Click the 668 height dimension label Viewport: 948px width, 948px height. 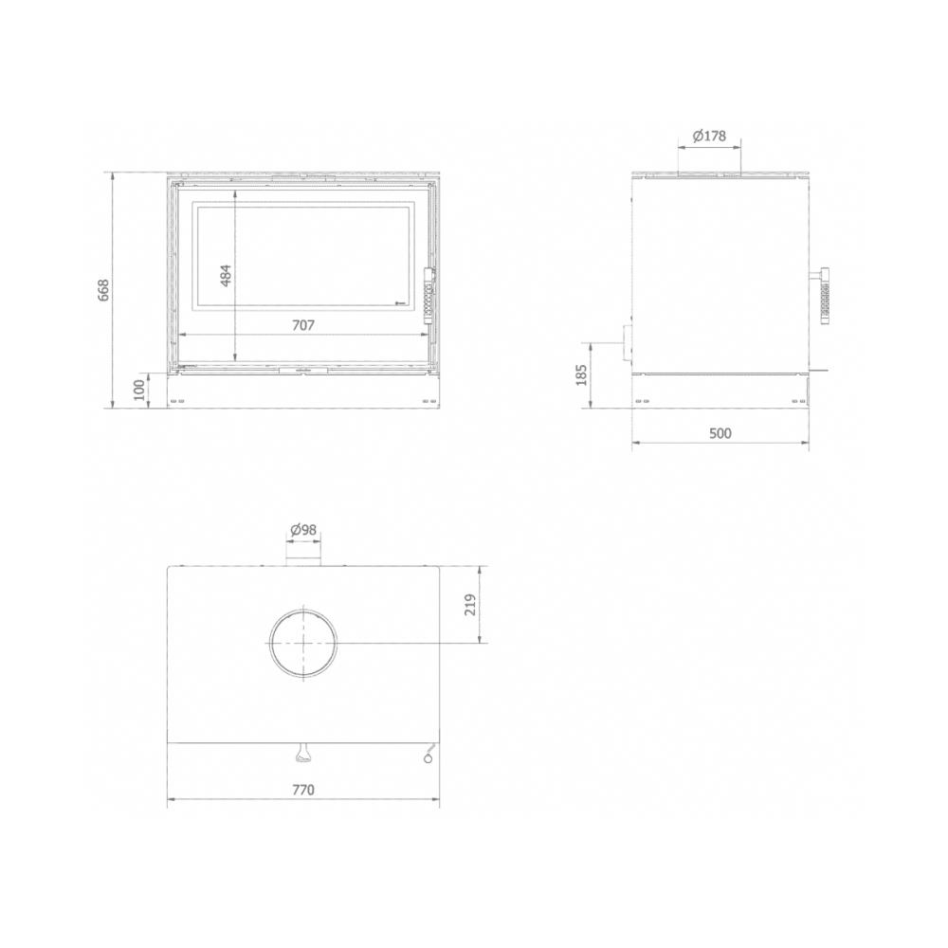[103, 291]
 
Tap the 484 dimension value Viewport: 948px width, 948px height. [225, 275]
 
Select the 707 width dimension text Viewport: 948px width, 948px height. [303, 325]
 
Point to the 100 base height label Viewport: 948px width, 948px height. [139, 390]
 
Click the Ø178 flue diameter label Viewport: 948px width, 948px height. [709, 136]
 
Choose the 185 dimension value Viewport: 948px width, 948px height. [582, 375]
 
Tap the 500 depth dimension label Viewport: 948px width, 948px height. [720, 433]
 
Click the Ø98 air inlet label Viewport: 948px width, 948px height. [303, 530]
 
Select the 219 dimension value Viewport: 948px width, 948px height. [470, 605]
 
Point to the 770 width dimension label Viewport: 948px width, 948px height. [303, 790]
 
